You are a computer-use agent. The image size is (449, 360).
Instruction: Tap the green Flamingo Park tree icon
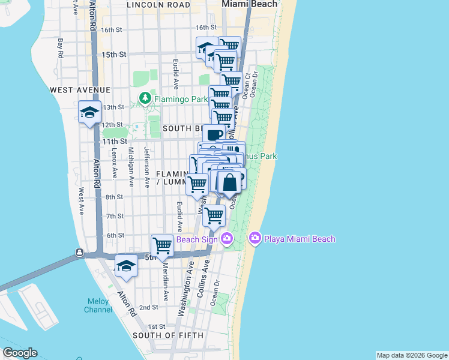click(x=145, y=98)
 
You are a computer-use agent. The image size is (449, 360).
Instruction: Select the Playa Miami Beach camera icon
click(x=255, y=239)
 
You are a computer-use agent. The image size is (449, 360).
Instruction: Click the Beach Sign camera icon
click(x=226, y=239)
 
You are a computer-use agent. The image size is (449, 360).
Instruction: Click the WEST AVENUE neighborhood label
click(x=80, y=89)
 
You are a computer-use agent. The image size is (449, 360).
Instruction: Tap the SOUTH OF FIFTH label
click(x=167, y=335)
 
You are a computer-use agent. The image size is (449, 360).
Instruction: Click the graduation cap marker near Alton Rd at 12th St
click(x=89, y=112)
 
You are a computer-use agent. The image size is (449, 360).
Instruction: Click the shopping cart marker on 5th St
click(x=162, y=245)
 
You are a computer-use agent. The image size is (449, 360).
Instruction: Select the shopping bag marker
click(x=230, y=182)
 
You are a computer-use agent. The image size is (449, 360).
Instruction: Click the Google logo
click(x=19, y=353)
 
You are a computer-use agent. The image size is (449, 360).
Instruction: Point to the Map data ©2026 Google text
click(x=412, y=355)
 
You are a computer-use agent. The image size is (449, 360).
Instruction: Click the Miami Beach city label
click(x=250, y=4)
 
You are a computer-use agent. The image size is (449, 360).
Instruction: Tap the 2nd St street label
click(x=149, y=307)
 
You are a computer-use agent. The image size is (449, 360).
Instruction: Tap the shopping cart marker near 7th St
click(x=214, y=215)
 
